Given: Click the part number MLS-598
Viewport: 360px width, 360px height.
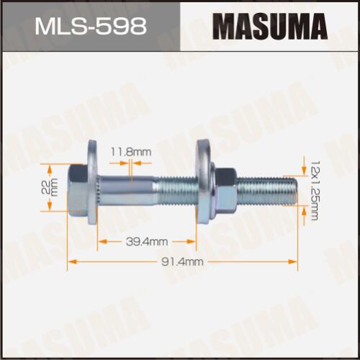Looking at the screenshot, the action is click(x=91, y=26).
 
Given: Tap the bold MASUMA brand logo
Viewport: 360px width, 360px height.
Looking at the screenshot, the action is click(x=270, y=27).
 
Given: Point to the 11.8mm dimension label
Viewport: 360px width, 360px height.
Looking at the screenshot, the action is click(x=131, y=152).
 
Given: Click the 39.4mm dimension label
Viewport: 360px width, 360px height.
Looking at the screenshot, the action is click(x=147, y=241).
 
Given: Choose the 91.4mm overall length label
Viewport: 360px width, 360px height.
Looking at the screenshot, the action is click(x=182, y=261).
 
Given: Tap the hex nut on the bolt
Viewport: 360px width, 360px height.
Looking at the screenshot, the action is click(x=225, y=191).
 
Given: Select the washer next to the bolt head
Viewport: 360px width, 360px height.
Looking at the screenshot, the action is click(x=93, y=182).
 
